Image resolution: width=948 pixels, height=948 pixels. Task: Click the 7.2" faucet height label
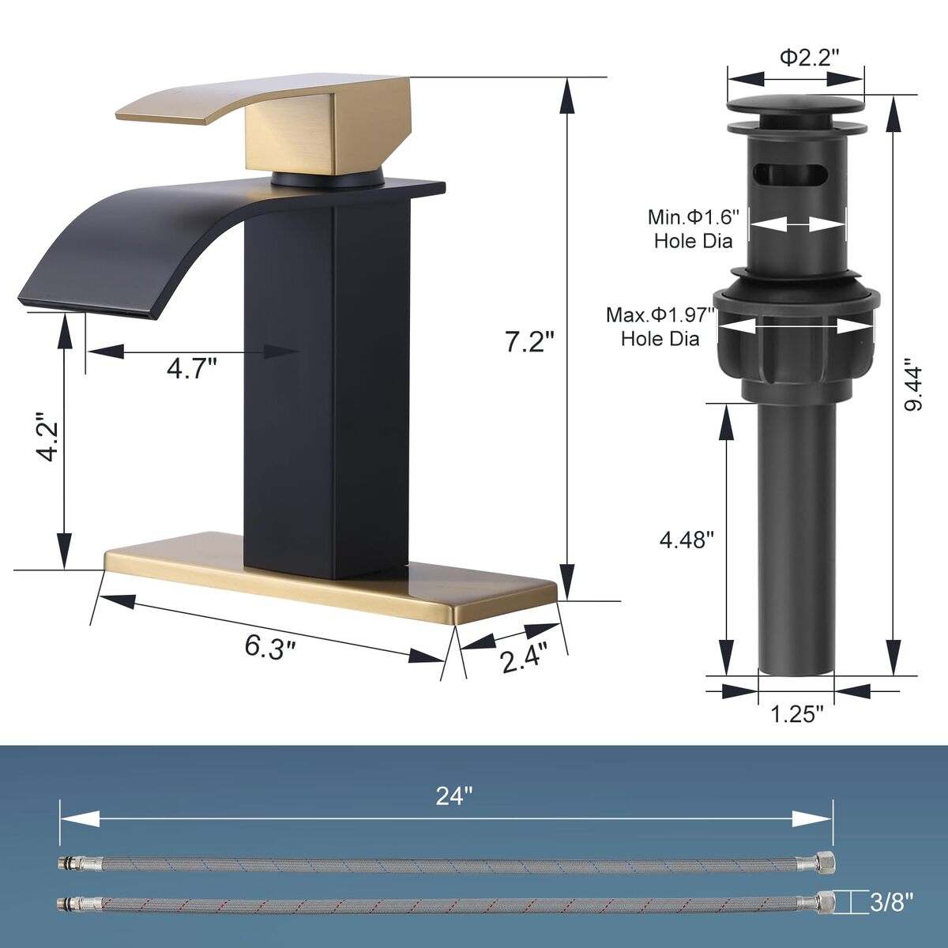point(530,341)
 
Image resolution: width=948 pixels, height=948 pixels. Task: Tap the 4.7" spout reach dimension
point(192,368)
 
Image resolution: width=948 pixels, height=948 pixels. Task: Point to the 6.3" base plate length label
point(270,648)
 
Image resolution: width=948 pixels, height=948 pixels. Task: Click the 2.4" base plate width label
point(525,658)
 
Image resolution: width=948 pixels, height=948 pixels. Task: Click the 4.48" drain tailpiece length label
point(687,540)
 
